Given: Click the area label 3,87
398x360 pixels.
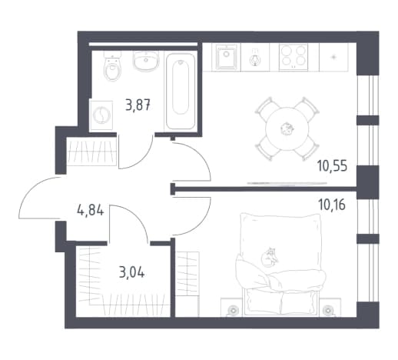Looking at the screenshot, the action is (138, 105).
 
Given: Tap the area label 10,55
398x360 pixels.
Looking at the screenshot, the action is (332, 166).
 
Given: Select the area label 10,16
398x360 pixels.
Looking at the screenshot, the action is (332, 205).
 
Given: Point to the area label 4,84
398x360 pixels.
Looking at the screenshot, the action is (91, 211).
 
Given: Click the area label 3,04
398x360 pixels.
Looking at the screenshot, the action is (132, 272).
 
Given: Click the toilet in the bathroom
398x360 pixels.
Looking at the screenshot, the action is (112, 66).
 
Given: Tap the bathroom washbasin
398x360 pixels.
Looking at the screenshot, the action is (145, 62).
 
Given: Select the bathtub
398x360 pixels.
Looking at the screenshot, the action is (181, 91).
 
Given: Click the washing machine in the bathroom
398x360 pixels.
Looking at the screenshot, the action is (101, 115).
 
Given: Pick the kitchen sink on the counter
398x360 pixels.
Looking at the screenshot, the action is (226, 56).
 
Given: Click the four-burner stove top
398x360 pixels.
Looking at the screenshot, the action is (294, 57).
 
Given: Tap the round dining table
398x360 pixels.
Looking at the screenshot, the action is (287, 128).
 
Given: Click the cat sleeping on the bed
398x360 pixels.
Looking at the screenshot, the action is (269, 257).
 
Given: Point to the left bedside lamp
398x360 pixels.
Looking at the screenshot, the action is (233, 310).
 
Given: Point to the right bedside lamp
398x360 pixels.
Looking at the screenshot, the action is (327, 310).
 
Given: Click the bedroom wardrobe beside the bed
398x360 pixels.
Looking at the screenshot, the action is (187, 274).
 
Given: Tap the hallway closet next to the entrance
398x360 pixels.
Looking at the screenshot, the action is (91, 152).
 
